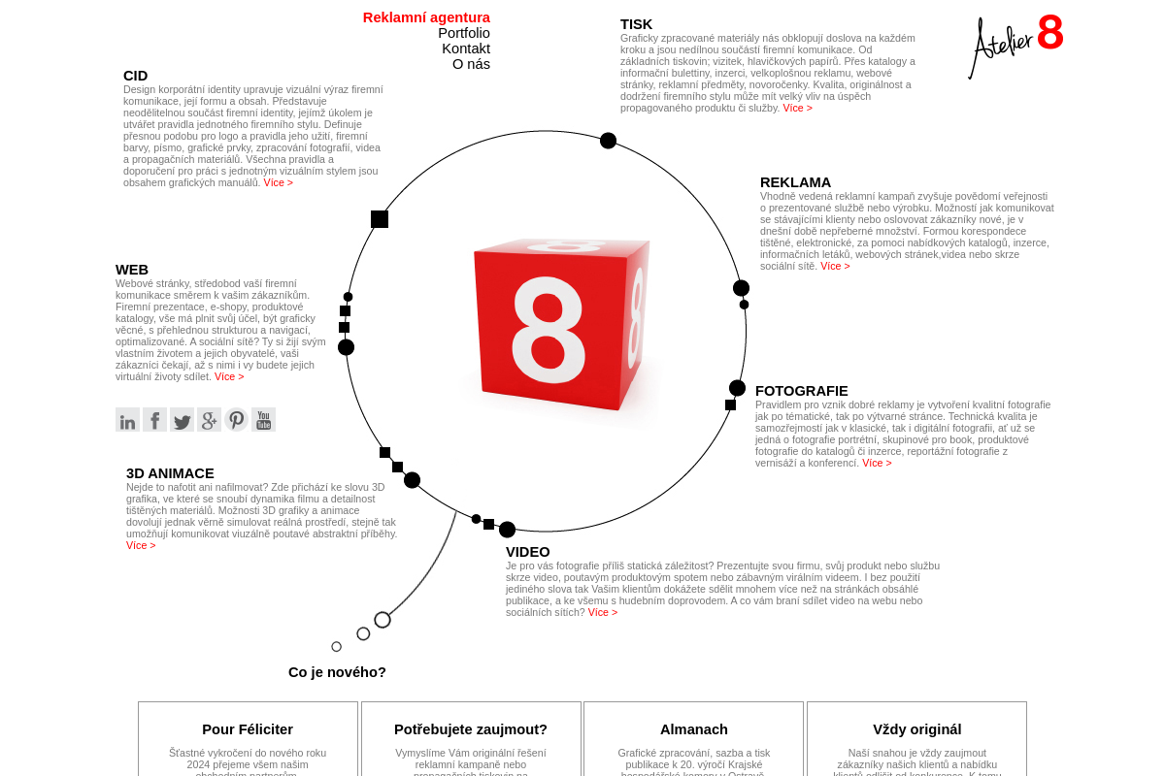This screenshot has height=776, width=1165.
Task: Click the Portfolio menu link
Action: tap(463, 33)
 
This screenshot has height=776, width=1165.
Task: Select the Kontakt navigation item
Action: tap(465, 48)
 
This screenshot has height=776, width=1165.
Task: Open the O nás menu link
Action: tap(471, 64)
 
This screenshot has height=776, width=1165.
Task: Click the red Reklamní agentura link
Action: tap(426, 17)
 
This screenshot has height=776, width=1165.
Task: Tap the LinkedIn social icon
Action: tap(127, 420)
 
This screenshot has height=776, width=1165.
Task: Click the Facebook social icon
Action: tap(154, 420)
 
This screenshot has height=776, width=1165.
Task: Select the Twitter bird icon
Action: tap(182, 420)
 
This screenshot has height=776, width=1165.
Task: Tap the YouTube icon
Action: tap(263, 420)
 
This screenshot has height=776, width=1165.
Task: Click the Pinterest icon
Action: tap(236, 420)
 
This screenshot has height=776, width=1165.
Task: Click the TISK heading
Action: tap(636, 24)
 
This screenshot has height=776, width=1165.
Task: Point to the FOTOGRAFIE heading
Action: tap(801, 391)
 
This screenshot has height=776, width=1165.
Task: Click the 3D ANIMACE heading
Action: tap(170, 473)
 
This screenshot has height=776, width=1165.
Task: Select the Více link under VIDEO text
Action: tap(602, 612)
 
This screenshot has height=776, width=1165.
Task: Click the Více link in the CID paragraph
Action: tap(278, 182)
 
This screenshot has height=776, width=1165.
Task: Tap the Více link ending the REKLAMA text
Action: tap(835, 266)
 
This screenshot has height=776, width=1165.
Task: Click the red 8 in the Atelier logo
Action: tap(1049, 33)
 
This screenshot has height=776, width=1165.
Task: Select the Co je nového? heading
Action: tap(337, 672)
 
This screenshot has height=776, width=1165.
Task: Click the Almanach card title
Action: tap(693, 729)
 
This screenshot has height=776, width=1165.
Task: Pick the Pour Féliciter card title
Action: tap(248, 729)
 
